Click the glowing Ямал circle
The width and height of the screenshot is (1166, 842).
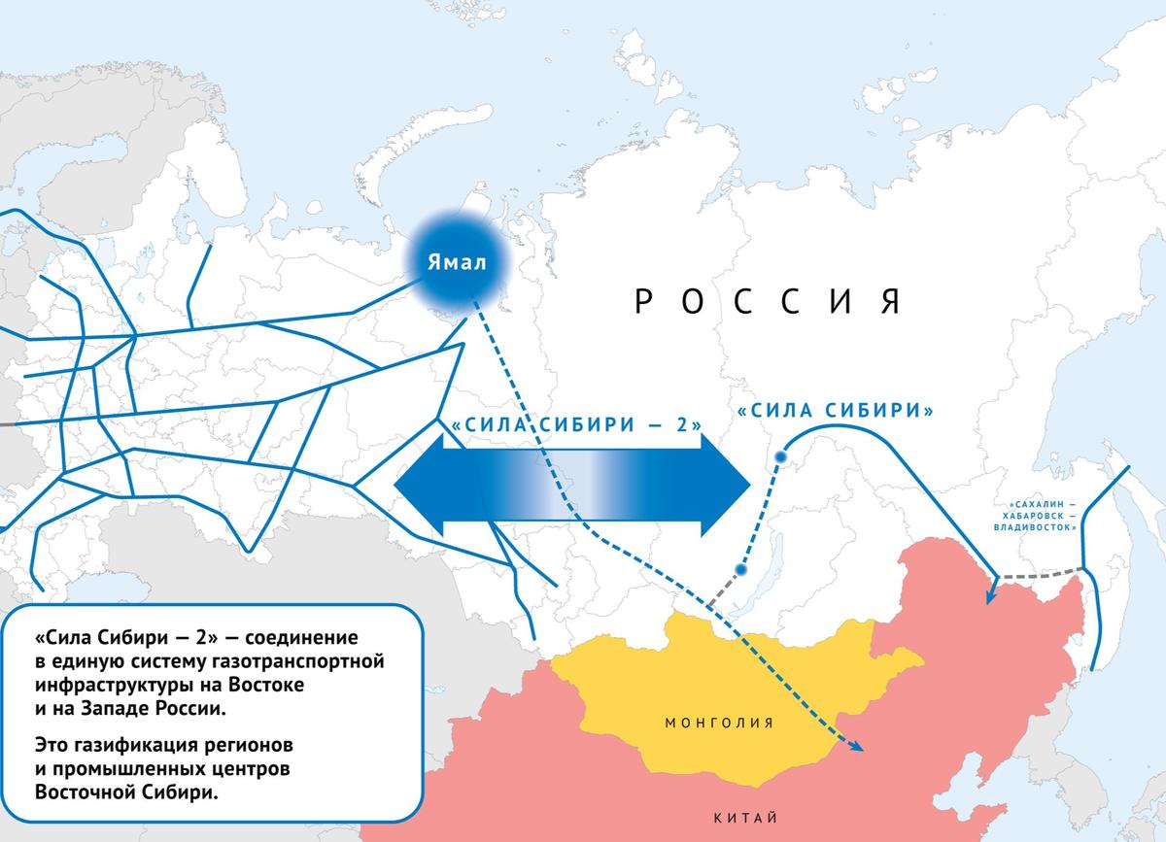point(456,263)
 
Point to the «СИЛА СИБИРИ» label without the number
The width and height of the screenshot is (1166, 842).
point(836,411)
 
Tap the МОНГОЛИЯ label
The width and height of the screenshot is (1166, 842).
point(719,723)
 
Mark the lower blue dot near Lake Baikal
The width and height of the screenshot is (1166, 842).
point(740,569)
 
